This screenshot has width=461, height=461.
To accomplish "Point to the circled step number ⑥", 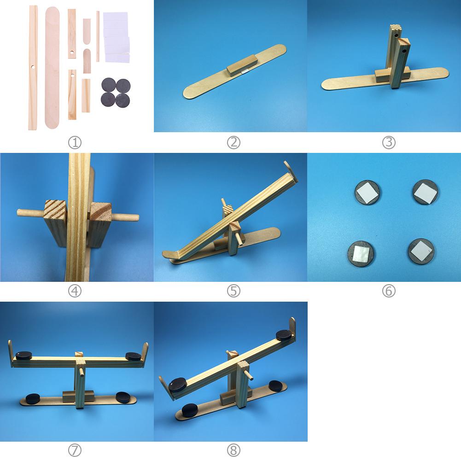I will tap(389, 291).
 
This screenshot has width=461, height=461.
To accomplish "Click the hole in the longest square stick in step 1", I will tap(33, 67).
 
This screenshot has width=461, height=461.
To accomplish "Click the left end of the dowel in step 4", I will tap(21, 212).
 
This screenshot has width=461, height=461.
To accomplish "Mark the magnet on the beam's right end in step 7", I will tap(133, 356).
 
